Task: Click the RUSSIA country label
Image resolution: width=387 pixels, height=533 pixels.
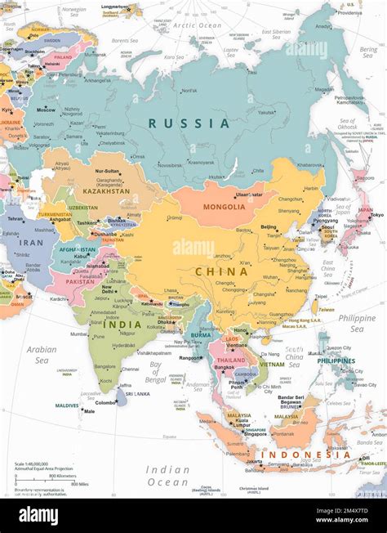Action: tap(189, 123)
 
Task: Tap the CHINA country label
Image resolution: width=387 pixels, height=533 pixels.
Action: tap(220, 271)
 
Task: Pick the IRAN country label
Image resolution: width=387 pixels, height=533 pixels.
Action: tap(31, 242)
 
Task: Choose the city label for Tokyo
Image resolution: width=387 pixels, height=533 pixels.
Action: tap(376, 215)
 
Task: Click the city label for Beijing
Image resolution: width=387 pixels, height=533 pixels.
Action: tap(269, 226)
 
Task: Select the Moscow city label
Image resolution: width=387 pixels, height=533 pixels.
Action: tap(46, 110)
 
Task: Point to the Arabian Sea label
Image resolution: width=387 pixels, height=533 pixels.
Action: tap(42, 354)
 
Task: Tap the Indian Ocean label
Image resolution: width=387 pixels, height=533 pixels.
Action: tap(167, 476)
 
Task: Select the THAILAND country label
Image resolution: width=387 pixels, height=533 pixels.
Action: tap(230, 360)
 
